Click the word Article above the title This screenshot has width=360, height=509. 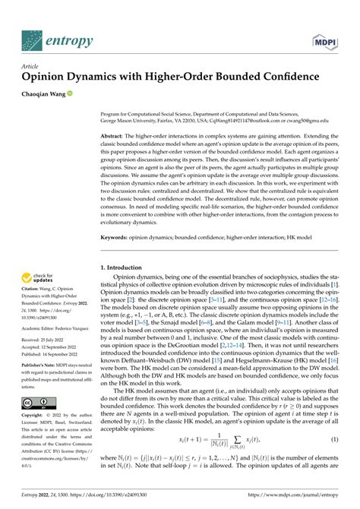[x=30, y=65]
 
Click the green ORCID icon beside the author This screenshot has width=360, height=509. [x=70, y=93]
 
